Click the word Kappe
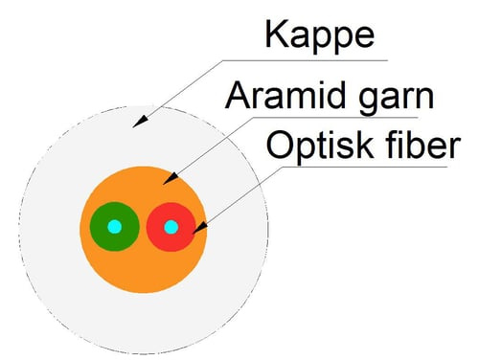tap(319, 35)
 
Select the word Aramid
tap(285, 95)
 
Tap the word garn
tap(397, 98)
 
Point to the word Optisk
tap(320, 145)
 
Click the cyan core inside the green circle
tap(115, 227)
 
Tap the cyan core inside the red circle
tap(171, 227)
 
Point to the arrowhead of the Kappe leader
tap(140, 122)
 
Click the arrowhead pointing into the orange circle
tap(170, 179)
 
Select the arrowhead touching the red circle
tap(200, 229)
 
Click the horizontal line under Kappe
tap(305, 60)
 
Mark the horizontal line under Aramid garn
tap(335, 118)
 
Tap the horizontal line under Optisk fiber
tap(365, 167)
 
